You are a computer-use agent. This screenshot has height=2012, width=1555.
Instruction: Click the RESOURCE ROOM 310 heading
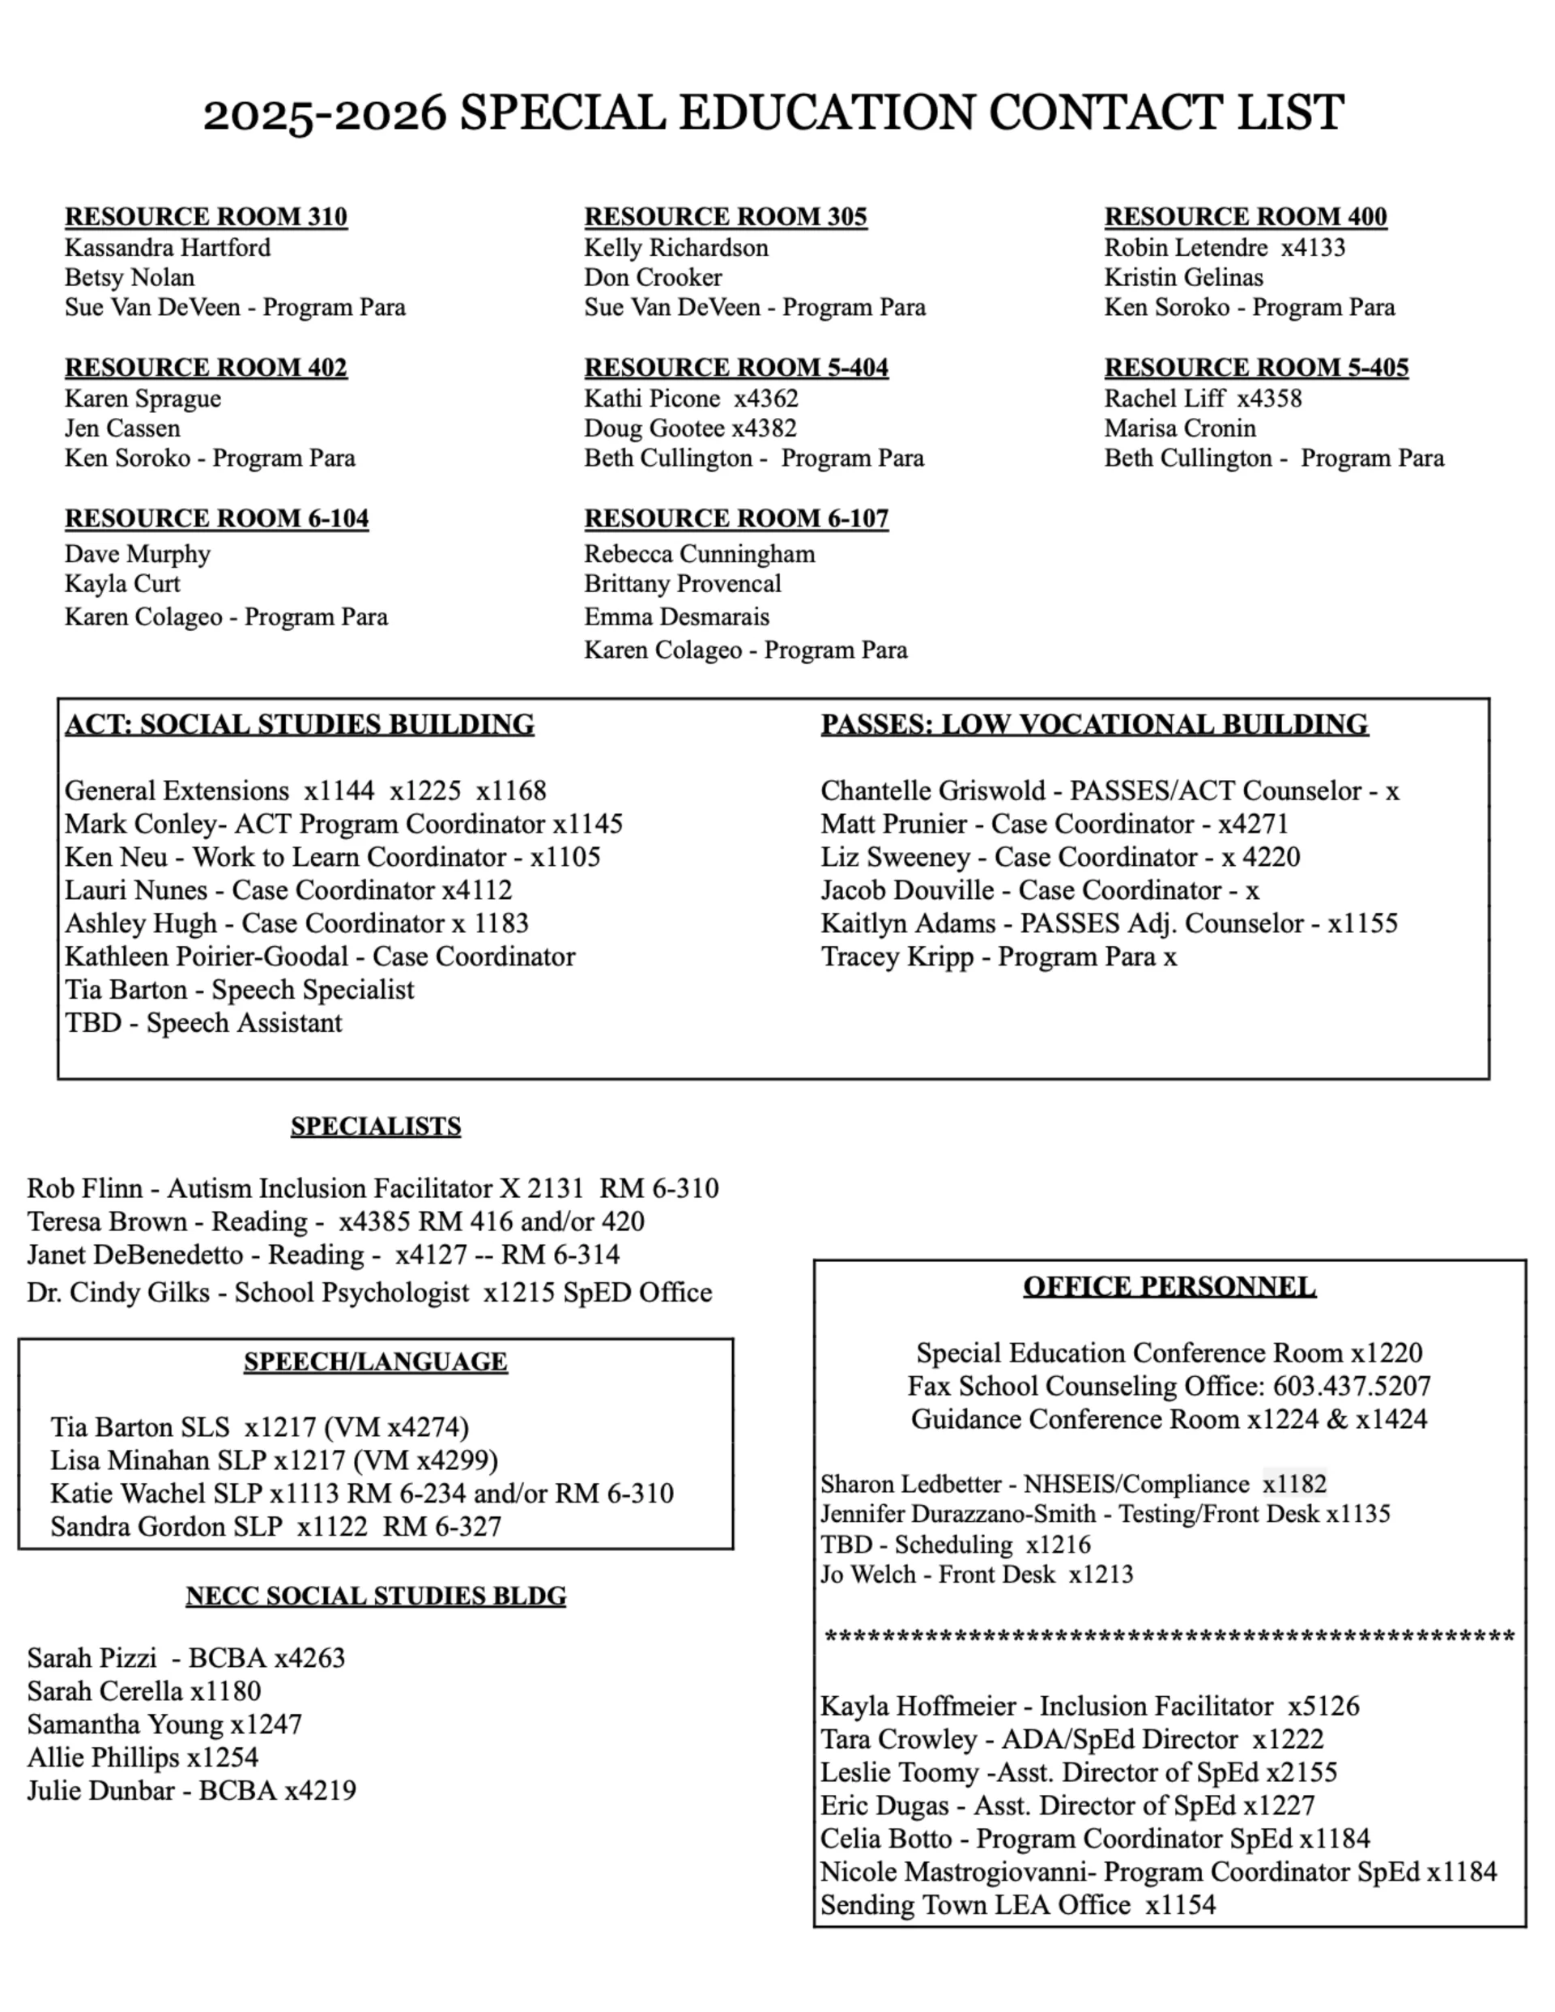206,216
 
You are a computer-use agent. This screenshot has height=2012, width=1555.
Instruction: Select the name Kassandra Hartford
168,248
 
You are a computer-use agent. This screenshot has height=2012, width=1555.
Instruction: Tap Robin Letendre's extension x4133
1313,248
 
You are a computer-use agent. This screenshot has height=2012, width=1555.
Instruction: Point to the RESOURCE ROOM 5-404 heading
736,368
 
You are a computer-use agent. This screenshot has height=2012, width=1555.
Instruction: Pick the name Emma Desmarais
676,616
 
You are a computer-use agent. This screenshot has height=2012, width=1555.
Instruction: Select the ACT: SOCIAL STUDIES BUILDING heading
300,724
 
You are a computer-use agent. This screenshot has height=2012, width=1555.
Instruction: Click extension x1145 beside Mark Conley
588,824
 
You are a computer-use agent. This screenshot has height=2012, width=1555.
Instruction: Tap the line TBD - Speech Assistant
203,1022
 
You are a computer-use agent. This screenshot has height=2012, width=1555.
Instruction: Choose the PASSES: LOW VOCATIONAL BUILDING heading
1094,724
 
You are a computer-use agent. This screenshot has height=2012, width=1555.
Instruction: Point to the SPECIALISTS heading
376,1126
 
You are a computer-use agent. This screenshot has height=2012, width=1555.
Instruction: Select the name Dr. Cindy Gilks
118,1293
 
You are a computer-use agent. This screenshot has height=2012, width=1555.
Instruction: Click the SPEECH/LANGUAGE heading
376,1362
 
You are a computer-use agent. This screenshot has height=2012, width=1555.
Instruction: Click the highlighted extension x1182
1294,1484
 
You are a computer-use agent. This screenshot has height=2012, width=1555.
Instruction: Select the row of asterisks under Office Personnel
1169,1637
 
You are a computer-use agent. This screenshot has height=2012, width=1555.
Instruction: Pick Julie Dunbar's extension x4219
320,1790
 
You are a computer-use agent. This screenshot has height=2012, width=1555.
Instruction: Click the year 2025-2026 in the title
324,113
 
